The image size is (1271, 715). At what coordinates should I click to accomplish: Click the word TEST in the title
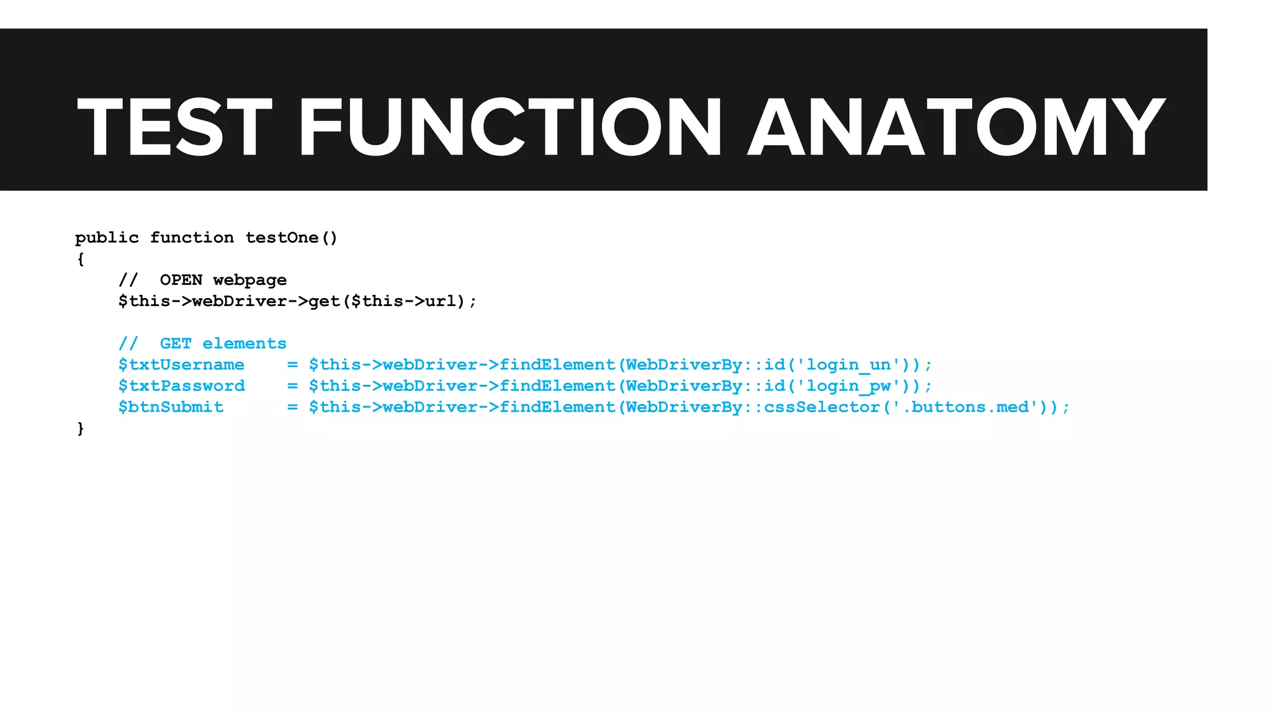click(174, 127)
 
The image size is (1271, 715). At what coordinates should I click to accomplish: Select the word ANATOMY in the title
click(956, 127)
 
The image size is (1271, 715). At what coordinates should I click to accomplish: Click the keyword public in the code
click(107, 238)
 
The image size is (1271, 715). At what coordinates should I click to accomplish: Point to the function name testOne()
click(291, 238)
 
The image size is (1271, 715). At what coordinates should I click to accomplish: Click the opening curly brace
click(80, 259)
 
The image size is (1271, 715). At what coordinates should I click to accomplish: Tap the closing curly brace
click(80, 428)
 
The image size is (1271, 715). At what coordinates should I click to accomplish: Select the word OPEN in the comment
click(181, 280)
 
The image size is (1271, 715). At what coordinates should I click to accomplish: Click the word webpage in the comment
click(249, 281)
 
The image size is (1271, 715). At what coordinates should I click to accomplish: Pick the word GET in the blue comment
click(176, 344)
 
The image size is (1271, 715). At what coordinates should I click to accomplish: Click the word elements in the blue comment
click(245, 344)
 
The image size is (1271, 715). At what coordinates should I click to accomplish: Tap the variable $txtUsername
click(181, 365)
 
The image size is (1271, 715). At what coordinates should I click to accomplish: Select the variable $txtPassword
click(181, 386)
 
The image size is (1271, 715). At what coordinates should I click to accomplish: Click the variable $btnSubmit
click(171, 407)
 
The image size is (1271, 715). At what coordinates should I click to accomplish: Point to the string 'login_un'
click(848, 365)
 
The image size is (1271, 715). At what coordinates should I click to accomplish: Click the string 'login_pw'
click(848, 386)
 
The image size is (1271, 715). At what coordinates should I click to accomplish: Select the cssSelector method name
click(822, 407)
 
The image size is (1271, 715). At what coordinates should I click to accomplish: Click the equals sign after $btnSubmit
click(292, 407)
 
